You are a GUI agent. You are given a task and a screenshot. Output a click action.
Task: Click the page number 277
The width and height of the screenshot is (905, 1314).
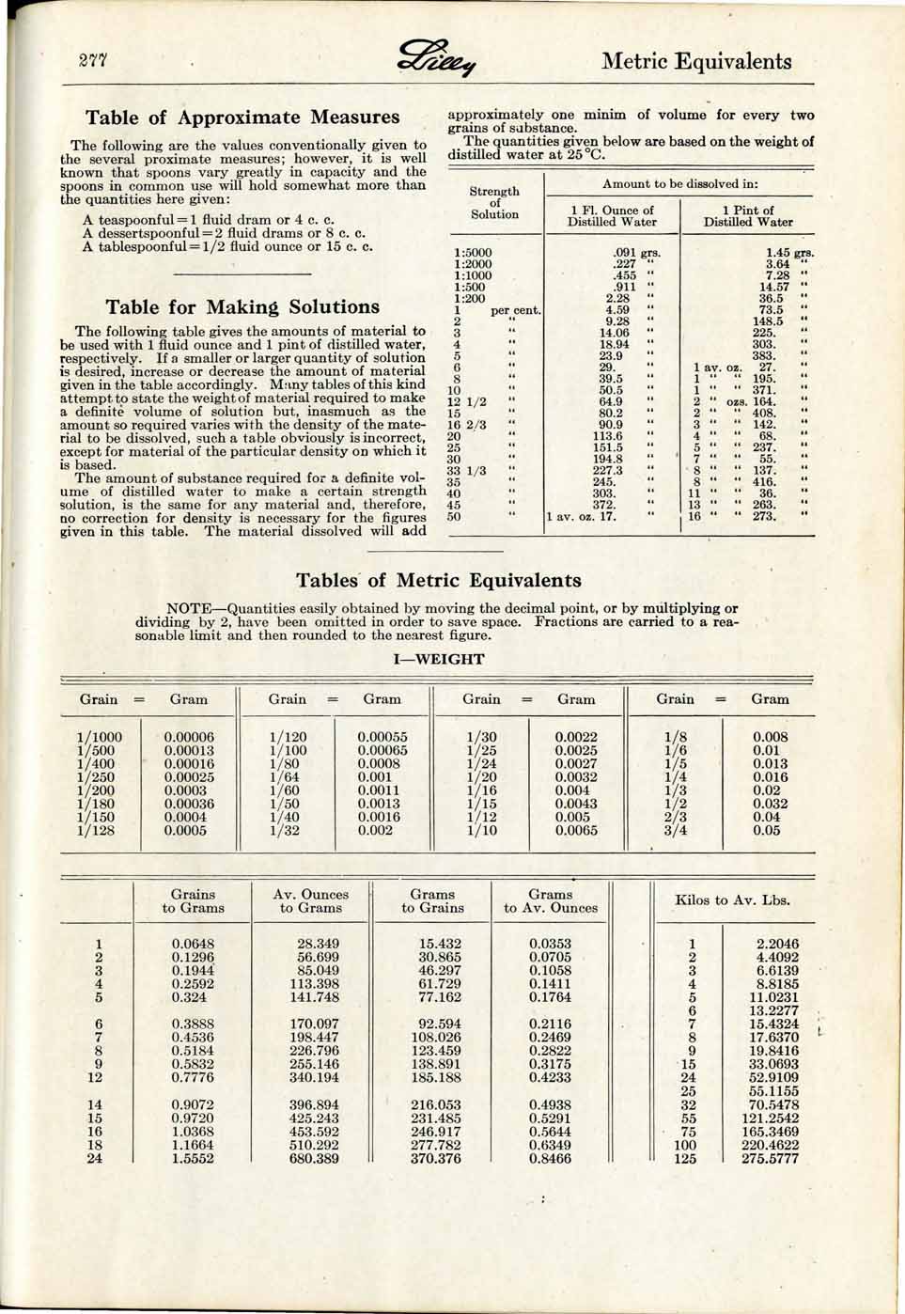(95, 62)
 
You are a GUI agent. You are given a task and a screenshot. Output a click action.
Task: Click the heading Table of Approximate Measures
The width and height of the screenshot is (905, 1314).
(242, 117)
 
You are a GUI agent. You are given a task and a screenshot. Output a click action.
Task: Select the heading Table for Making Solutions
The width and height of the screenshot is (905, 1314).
(242, 307)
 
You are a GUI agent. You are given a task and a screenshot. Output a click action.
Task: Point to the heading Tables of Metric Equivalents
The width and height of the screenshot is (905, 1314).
(438, 580)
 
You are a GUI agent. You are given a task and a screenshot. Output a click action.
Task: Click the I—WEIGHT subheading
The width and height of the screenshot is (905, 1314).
(439, 659)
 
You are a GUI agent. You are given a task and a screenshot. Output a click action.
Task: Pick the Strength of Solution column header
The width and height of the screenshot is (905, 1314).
(494, 203)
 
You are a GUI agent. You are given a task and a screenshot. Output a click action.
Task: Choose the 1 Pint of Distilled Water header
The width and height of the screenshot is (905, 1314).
(748, 216)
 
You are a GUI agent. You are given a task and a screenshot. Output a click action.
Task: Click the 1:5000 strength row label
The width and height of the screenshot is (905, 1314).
(472, 253)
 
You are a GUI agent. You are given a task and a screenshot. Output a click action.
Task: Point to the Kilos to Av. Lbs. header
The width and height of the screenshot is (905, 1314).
(732, 900)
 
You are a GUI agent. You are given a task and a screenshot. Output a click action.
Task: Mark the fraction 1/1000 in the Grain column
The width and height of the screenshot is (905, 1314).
(99, 738)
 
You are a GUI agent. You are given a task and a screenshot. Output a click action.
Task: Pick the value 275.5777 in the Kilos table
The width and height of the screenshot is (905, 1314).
(770, 1159)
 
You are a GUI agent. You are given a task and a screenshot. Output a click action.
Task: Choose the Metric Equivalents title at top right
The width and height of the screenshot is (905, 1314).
(696, 62)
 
